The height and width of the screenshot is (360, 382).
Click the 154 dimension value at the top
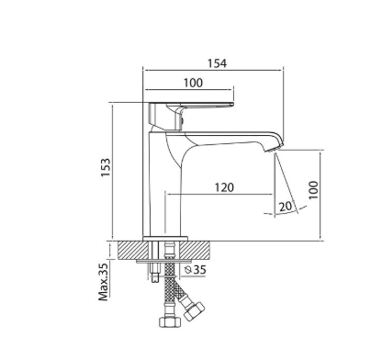tap(217, 63)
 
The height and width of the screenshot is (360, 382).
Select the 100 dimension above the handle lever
tap(193, 83)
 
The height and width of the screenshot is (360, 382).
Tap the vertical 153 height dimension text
tap(106, 167)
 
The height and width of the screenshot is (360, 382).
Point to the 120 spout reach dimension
tap(224, 187)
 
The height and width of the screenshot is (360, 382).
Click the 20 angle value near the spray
tap(286, 207)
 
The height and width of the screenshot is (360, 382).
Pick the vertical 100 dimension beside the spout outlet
tap(313, 190)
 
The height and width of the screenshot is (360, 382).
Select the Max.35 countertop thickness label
tap(104, 282)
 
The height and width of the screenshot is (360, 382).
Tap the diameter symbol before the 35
tap(188, 270)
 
